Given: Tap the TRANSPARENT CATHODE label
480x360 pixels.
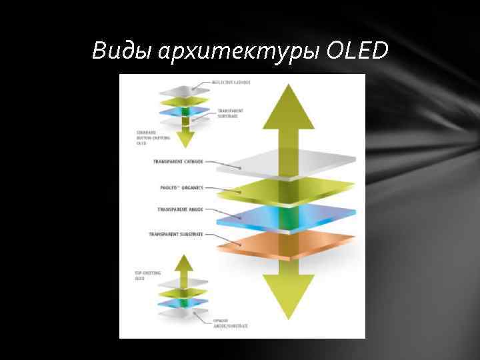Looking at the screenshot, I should tap(178, 161).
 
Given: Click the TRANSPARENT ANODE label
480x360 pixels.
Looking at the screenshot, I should tap(181, 209).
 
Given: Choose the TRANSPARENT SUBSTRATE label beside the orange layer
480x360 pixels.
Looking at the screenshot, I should tap(176, 235).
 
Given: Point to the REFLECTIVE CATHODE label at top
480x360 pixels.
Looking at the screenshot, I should tap(231, 82).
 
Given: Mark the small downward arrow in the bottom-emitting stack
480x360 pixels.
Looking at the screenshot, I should tap(186, 139).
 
